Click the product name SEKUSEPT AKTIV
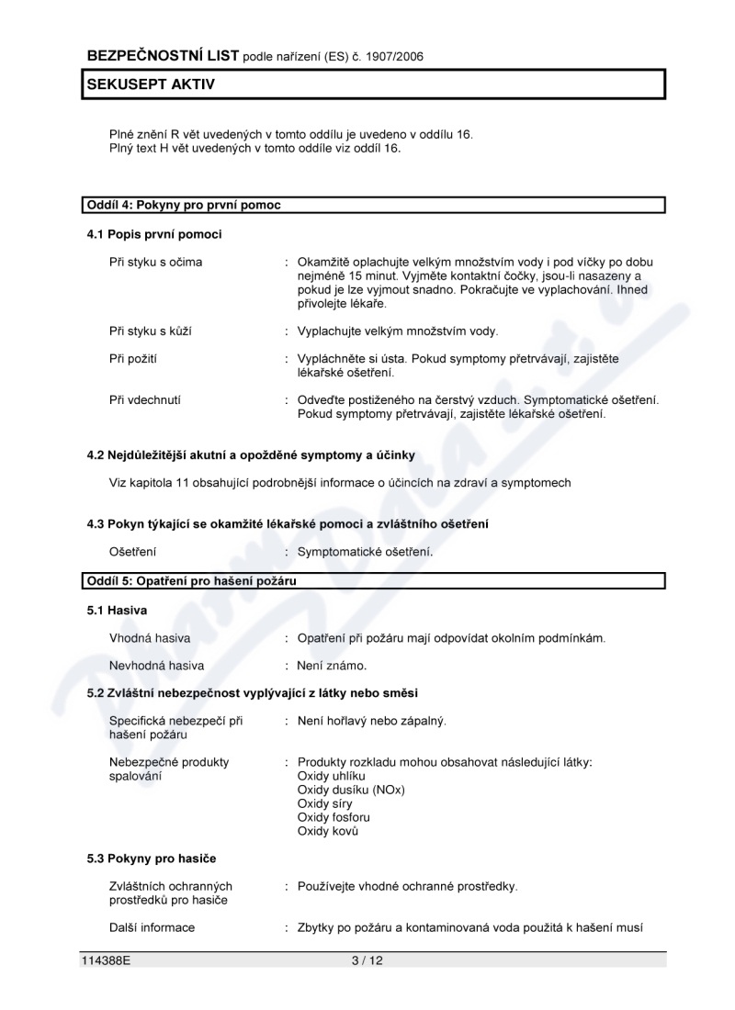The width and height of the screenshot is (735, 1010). coord(151,84)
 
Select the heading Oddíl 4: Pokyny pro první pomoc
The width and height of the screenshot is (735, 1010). coord(184,205)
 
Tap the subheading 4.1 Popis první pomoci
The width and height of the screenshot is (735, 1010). coord(154,234)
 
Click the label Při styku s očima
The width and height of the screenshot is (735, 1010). coord(156,262)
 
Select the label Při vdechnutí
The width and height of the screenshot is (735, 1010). coord(147,400)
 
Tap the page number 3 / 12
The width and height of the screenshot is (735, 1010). coord(366,960)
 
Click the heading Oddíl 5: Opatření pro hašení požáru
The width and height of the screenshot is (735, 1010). coord(192,580)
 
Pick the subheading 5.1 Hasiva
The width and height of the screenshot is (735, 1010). coord(117,610)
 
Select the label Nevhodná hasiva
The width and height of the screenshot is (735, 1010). coord(157,665)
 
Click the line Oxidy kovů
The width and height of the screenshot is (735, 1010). coord(328,830)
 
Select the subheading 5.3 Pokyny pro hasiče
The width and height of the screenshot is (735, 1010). coord(152,858)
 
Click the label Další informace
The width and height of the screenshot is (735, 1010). coord(153,927)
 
